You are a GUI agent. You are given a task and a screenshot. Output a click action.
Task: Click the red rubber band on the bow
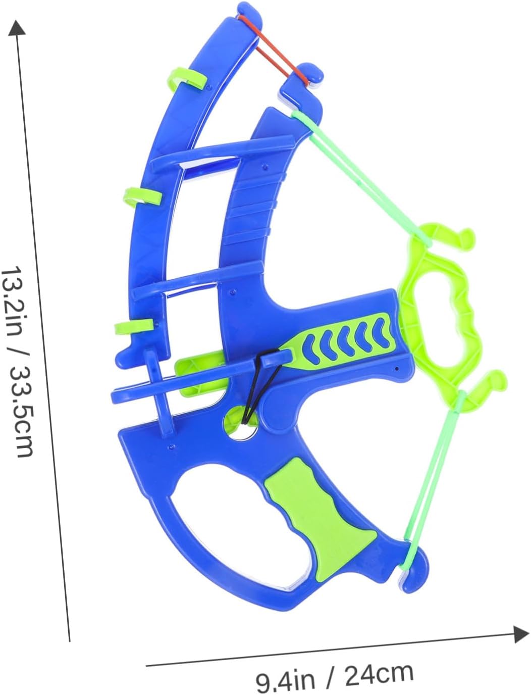click(x=274, y=51)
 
